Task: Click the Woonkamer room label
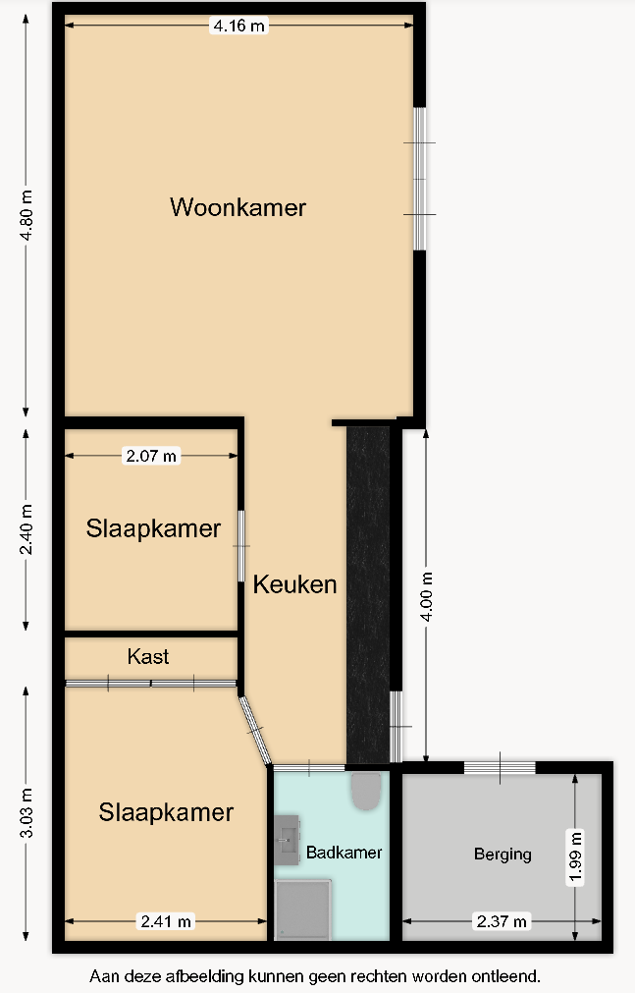(x=238, y=207)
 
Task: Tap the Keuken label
(x=295, y=584)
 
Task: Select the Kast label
(x=148, y=657)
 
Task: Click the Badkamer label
(x=344, y=853)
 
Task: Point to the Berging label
(x=503, y=855)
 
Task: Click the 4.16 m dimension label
(x=238, y=26)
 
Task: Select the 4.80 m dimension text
(x=26, y=215)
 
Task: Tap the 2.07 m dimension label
(x=151, y=456)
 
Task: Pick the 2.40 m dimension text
(x=26, y=529)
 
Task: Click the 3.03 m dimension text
(x=26, y=813)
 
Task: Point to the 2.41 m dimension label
(x=166, y=921)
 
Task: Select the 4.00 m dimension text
(x=427, y=596)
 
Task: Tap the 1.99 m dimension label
(x=575, y=856)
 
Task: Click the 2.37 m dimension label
(x=502, y=921)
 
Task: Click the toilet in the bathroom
(x=365, y=791)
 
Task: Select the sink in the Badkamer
(x=287, y=841)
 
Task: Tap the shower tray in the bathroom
(x=302, y=910)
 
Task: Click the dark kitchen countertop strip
(x=368, y=594)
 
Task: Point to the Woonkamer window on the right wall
(x=419, y=179)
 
